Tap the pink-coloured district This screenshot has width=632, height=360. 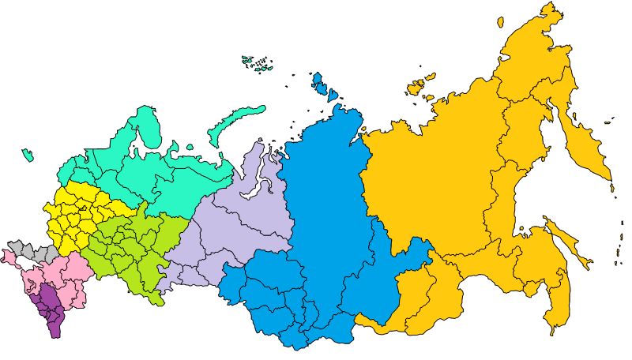tap(63, 272)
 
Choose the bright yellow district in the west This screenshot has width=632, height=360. tap(75, 213)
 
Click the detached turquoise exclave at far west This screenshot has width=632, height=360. tap(28, 155)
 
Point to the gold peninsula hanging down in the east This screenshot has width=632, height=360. tap(585, 150)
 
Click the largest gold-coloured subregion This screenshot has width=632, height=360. tap(427, 182)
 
